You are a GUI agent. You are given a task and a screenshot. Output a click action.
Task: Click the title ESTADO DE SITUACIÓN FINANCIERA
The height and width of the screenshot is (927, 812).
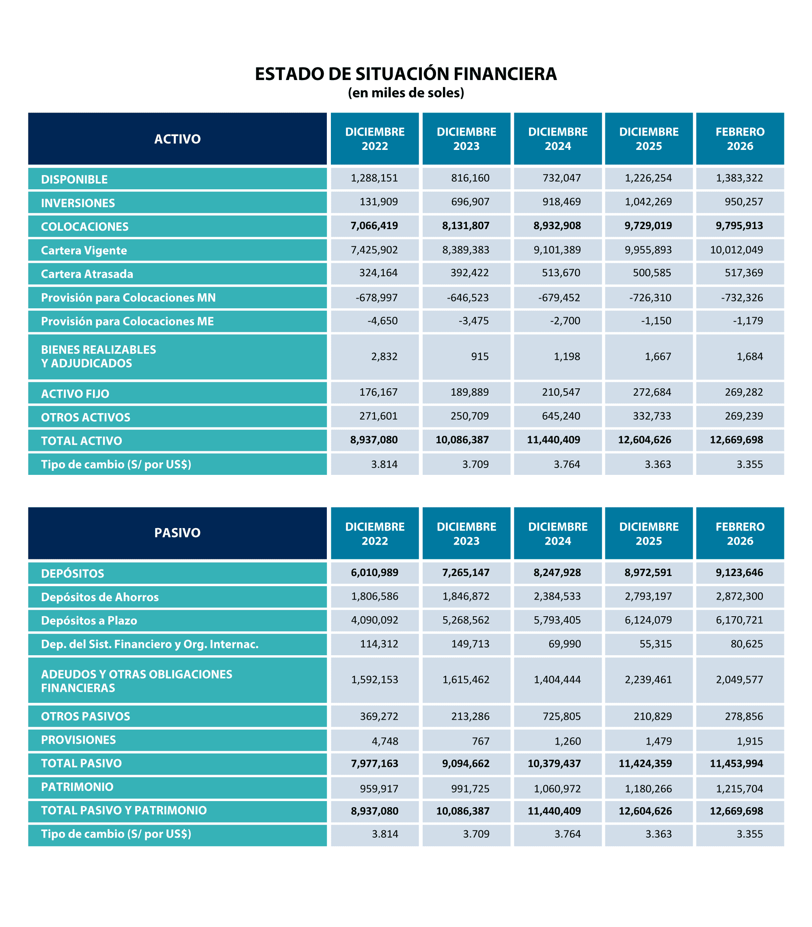click(406, 74)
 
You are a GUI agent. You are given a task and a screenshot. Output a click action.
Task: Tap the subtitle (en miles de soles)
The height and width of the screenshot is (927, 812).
click(406, 93)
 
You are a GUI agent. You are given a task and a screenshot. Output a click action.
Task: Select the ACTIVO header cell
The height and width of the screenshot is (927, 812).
click(177, 139)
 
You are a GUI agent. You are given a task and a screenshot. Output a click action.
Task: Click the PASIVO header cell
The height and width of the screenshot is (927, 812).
click(177, 533)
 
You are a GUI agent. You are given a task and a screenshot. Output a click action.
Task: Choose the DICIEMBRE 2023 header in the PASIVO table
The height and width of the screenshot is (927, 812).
click(466, 533)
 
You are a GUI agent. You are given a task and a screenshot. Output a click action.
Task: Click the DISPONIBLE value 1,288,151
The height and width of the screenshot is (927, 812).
click(374, 178)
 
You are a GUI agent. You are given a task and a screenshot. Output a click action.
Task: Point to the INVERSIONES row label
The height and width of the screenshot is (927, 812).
click(78, 203)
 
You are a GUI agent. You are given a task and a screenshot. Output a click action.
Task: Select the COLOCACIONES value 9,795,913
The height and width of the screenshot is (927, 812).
click(739, 226)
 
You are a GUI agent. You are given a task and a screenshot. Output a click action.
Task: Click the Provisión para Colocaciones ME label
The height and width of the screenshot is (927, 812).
click(127, 321)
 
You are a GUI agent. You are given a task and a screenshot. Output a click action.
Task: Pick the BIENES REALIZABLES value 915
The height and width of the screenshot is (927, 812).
click(479, 357)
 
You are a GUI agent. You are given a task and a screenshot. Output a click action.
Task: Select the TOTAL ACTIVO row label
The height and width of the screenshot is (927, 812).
click(82, 441)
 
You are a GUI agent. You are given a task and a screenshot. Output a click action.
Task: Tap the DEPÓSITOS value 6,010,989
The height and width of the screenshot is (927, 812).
click(374, 572)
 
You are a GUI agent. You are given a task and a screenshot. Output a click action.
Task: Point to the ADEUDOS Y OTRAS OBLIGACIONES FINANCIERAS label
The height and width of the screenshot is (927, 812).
click(136, 681)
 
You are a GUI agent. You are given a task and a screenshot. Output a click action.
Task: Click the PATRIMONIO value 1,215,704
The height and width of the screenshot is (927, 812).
click(739, 789)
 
